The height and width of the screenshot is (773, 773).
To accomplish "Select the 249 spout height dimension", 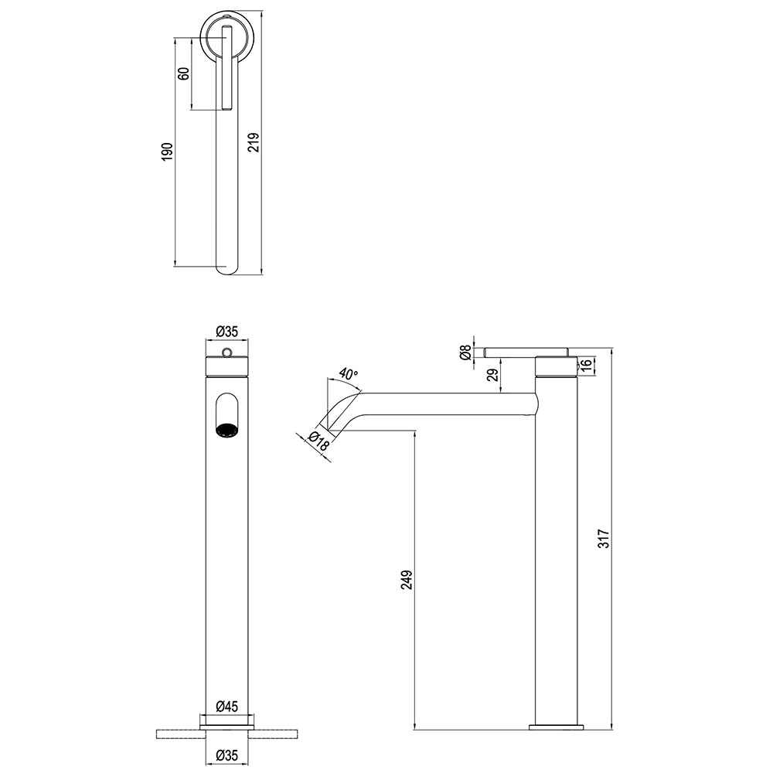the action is point(407,580).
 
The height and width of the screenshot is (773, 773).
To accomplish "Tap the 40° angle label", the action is point(349,375).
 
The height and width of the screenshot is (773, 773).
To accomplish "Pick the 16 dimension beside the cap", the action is point(586,366).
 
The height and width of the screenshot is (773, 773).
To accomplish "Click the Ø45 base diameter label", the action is point(226,707).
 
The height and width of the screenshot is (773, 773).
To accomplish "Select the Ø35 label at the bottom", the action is point(226,754).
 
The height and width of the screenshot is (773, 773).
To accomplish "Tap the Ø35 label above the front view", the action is point(226,332).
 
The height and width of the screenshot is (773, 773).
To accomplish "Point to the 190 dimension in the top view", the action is point(167,152).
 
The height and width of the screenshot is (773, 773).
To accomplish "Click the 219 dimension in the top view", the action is point(254,142).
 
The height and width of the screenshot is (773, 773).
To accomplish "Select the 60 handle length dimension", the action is point(183,73).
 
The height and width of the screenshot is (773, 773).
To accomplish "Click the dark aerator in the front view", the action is point(226,431).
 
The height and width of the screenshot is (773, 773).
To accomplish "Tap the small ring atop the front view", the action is point(226,352).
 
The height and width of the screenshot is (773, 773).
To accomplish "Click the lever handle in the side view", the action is point(526,352).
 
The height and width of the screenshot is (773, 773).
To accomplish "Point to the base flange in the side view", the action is point(556,727).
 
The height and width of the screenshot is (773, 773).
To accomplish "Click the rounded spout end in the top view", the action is point(226,269).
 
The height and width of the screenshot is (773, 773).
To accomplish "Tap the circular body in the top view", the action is point(226,38).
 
